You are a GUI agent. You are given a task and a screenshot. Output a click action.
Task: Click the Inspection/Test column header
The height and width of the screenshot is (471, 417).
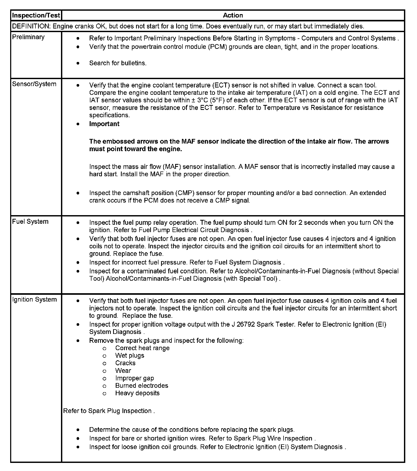pos(36,15)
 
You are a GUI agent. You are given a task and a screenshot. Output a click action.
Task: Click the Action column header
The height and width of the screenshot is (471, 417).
pos(233,15)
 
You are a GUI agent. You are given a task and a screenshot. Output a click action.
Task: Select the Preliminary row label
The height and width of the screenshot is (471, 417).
pos(28,37)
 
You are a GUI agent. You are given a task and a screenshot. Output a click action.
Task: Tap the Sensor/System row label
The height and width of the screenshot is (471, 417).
pos(34,84)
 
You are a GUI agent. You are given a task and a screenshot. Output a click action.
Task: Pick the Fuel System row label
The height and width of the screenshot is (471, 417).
pos(30,221)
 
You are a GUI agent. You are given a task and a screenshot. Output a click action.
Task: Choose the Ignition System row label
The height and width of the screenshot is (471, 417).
pos(34,299)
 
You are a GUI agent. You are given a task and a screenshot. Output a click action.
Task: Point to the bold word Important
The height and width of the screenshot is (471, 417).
pos(104,124)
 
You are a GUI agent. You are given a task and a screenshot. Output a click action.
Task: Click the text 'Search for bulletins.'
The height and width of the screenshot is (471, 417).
pos(118,63)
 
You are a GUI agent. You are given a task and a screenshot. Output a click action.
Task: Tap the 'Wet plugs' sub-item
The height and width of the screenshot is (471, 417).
pos(130,356)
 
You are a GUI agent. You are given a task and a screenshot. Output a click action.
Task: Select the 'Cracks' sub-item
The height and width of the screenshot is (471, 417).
pos(125,363)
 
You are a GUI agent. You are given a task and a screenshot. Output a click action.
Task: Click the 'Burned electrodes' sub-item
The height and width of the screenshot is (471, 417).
pos(142,386)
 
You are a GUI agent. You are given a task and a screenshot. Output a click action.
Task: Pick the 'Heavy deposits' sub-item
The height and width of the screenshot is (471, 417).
pos(137,393)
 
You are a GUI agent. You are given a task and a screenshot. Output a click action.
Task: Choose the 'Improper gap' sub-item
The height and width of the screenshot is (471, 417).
pos(134,378)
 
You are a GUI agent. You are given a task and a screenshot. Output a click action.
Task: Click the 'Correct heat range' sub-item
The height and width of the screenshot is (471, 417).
pos(142,348)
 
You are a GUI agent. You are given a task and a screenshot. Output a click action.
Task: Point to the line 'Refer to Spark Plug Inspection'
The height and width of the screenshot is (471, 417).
pos(109,411)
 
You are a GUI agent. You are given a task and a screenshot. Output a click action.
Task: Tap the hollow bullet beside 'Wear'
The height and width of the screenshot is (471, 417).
pos(104,371)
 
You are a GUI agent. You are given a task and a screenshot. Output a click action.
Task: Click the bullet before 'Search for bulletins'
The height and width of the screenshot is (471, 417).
pos(78,63)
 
